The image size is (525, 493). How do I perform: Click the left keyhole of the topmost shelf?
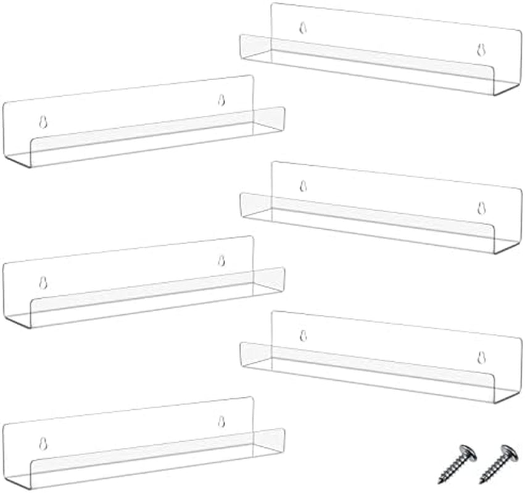pos(303,27)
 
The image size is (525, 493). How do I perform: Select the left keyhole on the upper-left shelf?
pos(43,122)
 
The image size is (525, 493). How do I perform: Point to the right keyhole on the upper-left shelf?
pos(221,100)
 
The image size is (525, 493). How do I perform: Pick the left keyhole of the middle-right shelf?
pos(303,186)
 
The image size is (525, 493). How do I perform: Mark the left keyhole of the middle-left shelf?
pos(43,282)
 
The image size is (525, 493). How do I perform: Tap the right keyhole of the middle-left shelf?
pos(221,260)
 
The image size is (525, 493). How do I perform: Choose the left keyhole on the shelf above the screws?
pos(303,335)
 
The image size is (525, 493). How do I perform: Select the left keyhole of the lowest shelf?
pos(43,443)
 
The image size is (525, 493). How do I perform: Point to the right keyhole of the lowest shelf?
pos(221,422)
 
